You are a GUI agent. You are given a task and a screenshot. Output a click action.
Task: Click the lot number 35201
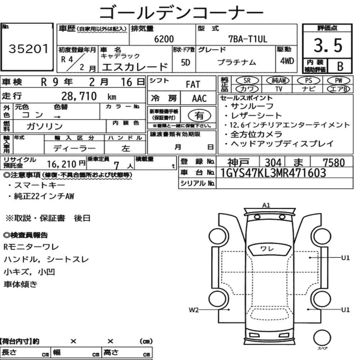click(x=29, y=49)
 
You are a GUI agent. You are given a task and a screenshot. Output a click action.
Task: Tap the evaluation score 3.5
click(x=328, y=45)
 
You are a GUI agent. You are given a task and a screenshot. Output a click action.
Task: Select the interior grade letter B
click(x=340, y=66)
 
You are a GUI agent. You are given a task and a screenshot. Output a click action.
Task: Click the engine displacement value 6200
click(x=164, y=39)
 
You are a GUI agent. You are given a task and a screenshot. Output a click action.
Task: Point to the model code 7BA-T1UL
click(x=248, y=39)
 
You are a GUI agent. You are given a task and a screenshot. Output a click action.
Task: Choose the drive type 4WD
click(x=287, y=61)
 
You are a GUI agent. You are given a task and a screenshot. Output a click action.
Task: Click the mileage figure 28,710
click(x=79, y=96)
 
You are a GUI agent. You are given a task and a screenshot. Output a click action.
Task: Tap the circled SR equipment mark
click(x=247, y=80)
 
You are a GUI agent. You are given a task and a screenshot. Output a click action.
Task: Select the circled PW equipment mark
click(x=338, y=80)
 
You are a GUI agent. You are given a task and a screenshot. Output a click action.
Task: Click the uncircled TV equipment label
click(x=279, y=89)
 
